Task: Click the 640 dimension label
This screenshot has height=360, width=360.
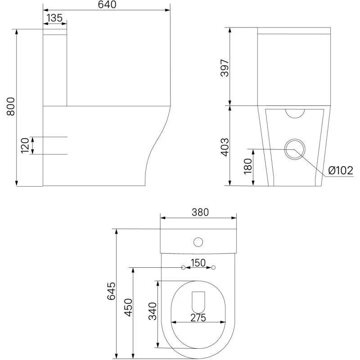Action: [107, 4]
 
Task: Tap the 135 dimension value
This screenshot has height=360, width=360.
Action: [54, 18]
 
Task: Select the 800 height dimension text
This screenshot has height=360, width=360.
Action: [11, 106]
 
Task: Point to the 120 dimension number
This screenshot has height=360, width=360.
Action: [25, 145]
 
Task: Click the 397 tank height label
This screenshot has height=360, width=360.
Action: [225, 68]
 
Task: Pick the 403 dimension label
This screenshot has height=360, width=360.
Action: [225, 147]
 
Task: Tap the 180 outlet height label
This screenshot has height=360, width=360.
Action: [248, 166]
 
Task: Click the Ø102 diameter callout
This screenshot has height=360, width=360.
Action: [341, 171]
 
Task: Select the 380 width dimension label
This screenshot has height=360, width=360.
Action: [200, 212]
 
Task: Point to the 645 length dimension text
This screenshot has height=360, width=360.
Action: [111, 291]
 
